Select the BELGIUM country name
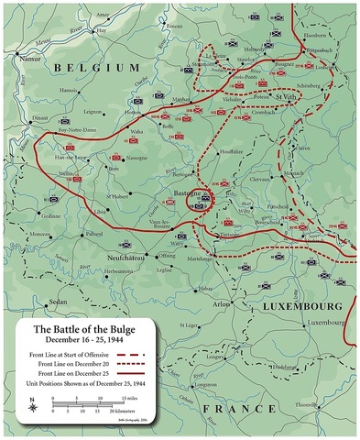pyautogui.click(x=97, y=69)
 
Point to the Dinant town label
pyautogui.click(x=39, y=117)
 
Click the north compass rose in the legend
pyautogui.click(x=33, y=402)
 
